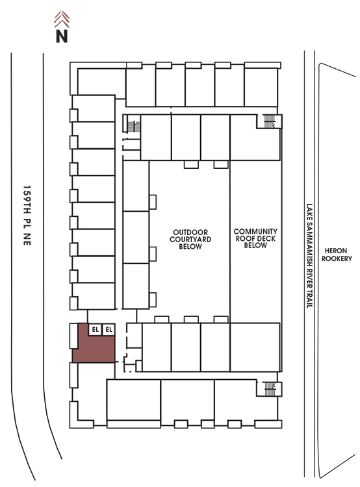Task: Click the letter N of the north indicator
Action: click(x=62, y=36)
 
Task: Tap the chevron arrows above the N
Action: click(x=62, y=19)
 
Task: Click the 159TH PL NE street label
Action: click(x=27, y=216)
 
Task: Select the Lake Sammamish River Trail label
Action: click(x=309, y=256)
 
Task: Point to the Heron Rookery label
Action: click(x=337, y=255)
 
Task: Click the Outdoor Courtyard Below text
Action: click(x=190, y=239)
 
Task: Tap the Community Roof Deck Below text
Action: click(x=255, y=238)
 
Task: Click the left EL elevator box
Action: click(x=95, y=329)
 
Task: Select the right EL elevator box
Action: click(x=109, y=329)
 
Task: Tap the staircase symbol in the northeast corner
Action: click(x=269, y=121)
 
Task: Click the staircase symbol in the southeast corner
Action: click(x=270, y=388)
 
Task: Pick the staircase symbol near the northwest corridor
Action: click(x=134, y=126)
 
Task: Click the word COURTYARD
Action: click(x=190, y=240)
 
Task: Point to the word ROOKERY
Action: click(x=337, y=258)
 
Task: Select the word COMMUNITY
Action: click(x=255, y=231)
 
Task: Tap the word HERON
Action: click(x=336, y=251)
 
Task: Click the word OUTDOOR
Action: click(x=190, y=232)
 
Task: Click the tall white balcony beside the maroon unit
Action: click(x=73, y=336)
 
